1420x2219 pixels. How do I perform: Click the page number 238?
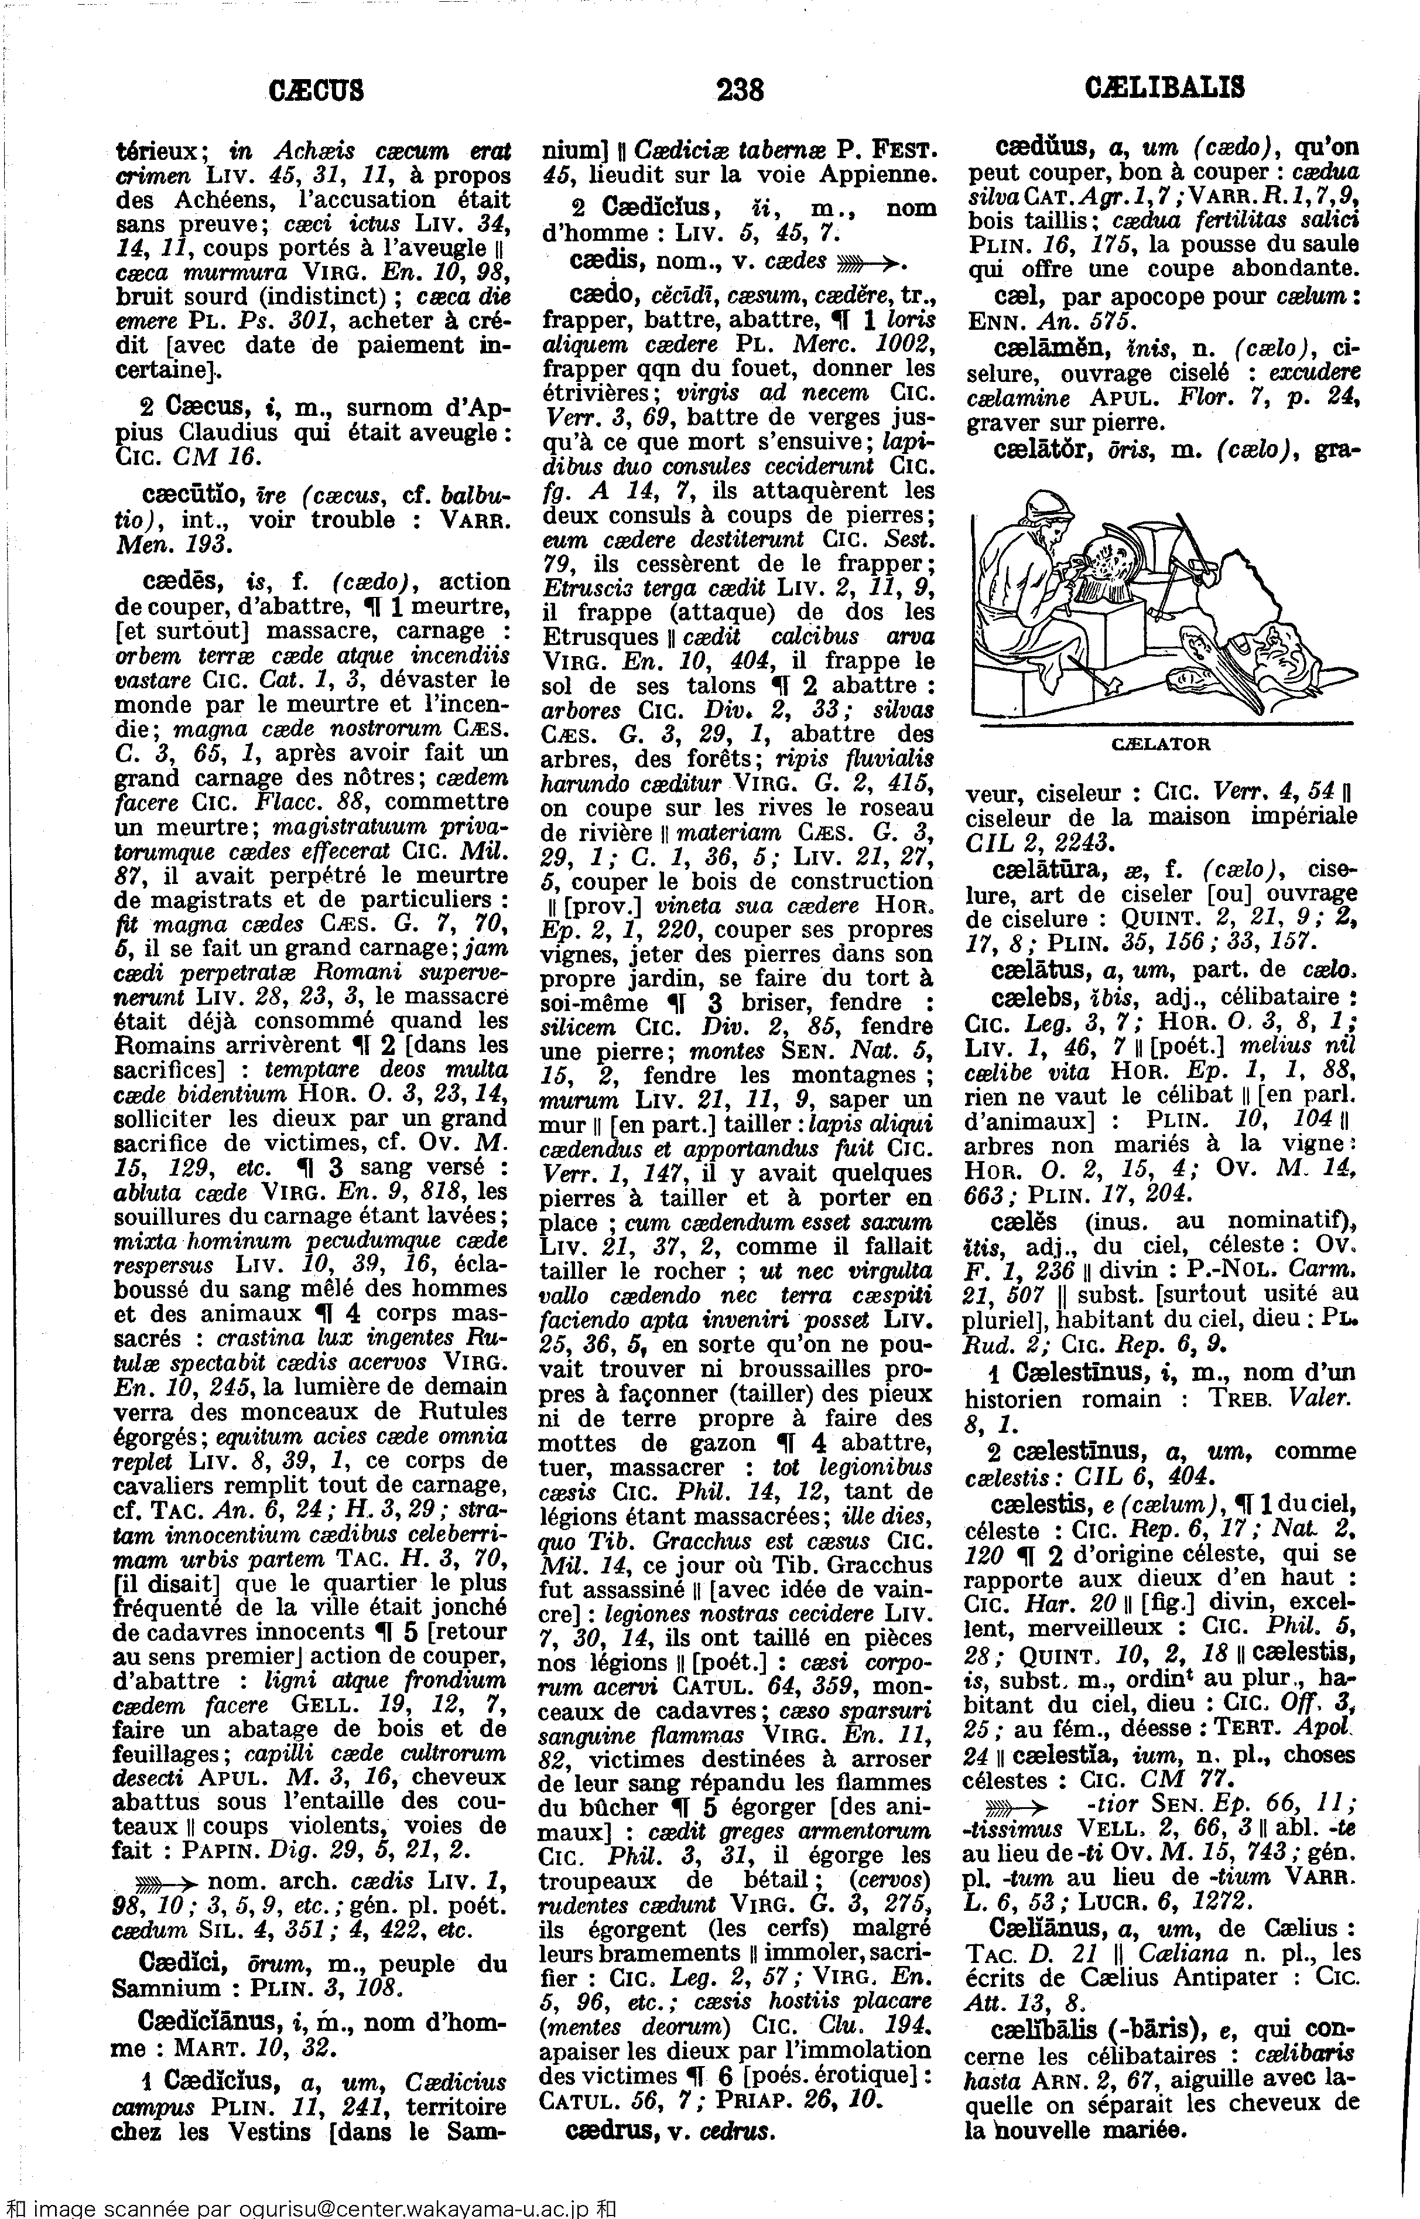click(740, 90)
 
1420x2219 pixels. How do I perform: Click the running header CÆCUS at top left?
click(316, 90)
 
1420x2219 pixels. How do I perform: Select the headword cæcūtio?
click(188, 495)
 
